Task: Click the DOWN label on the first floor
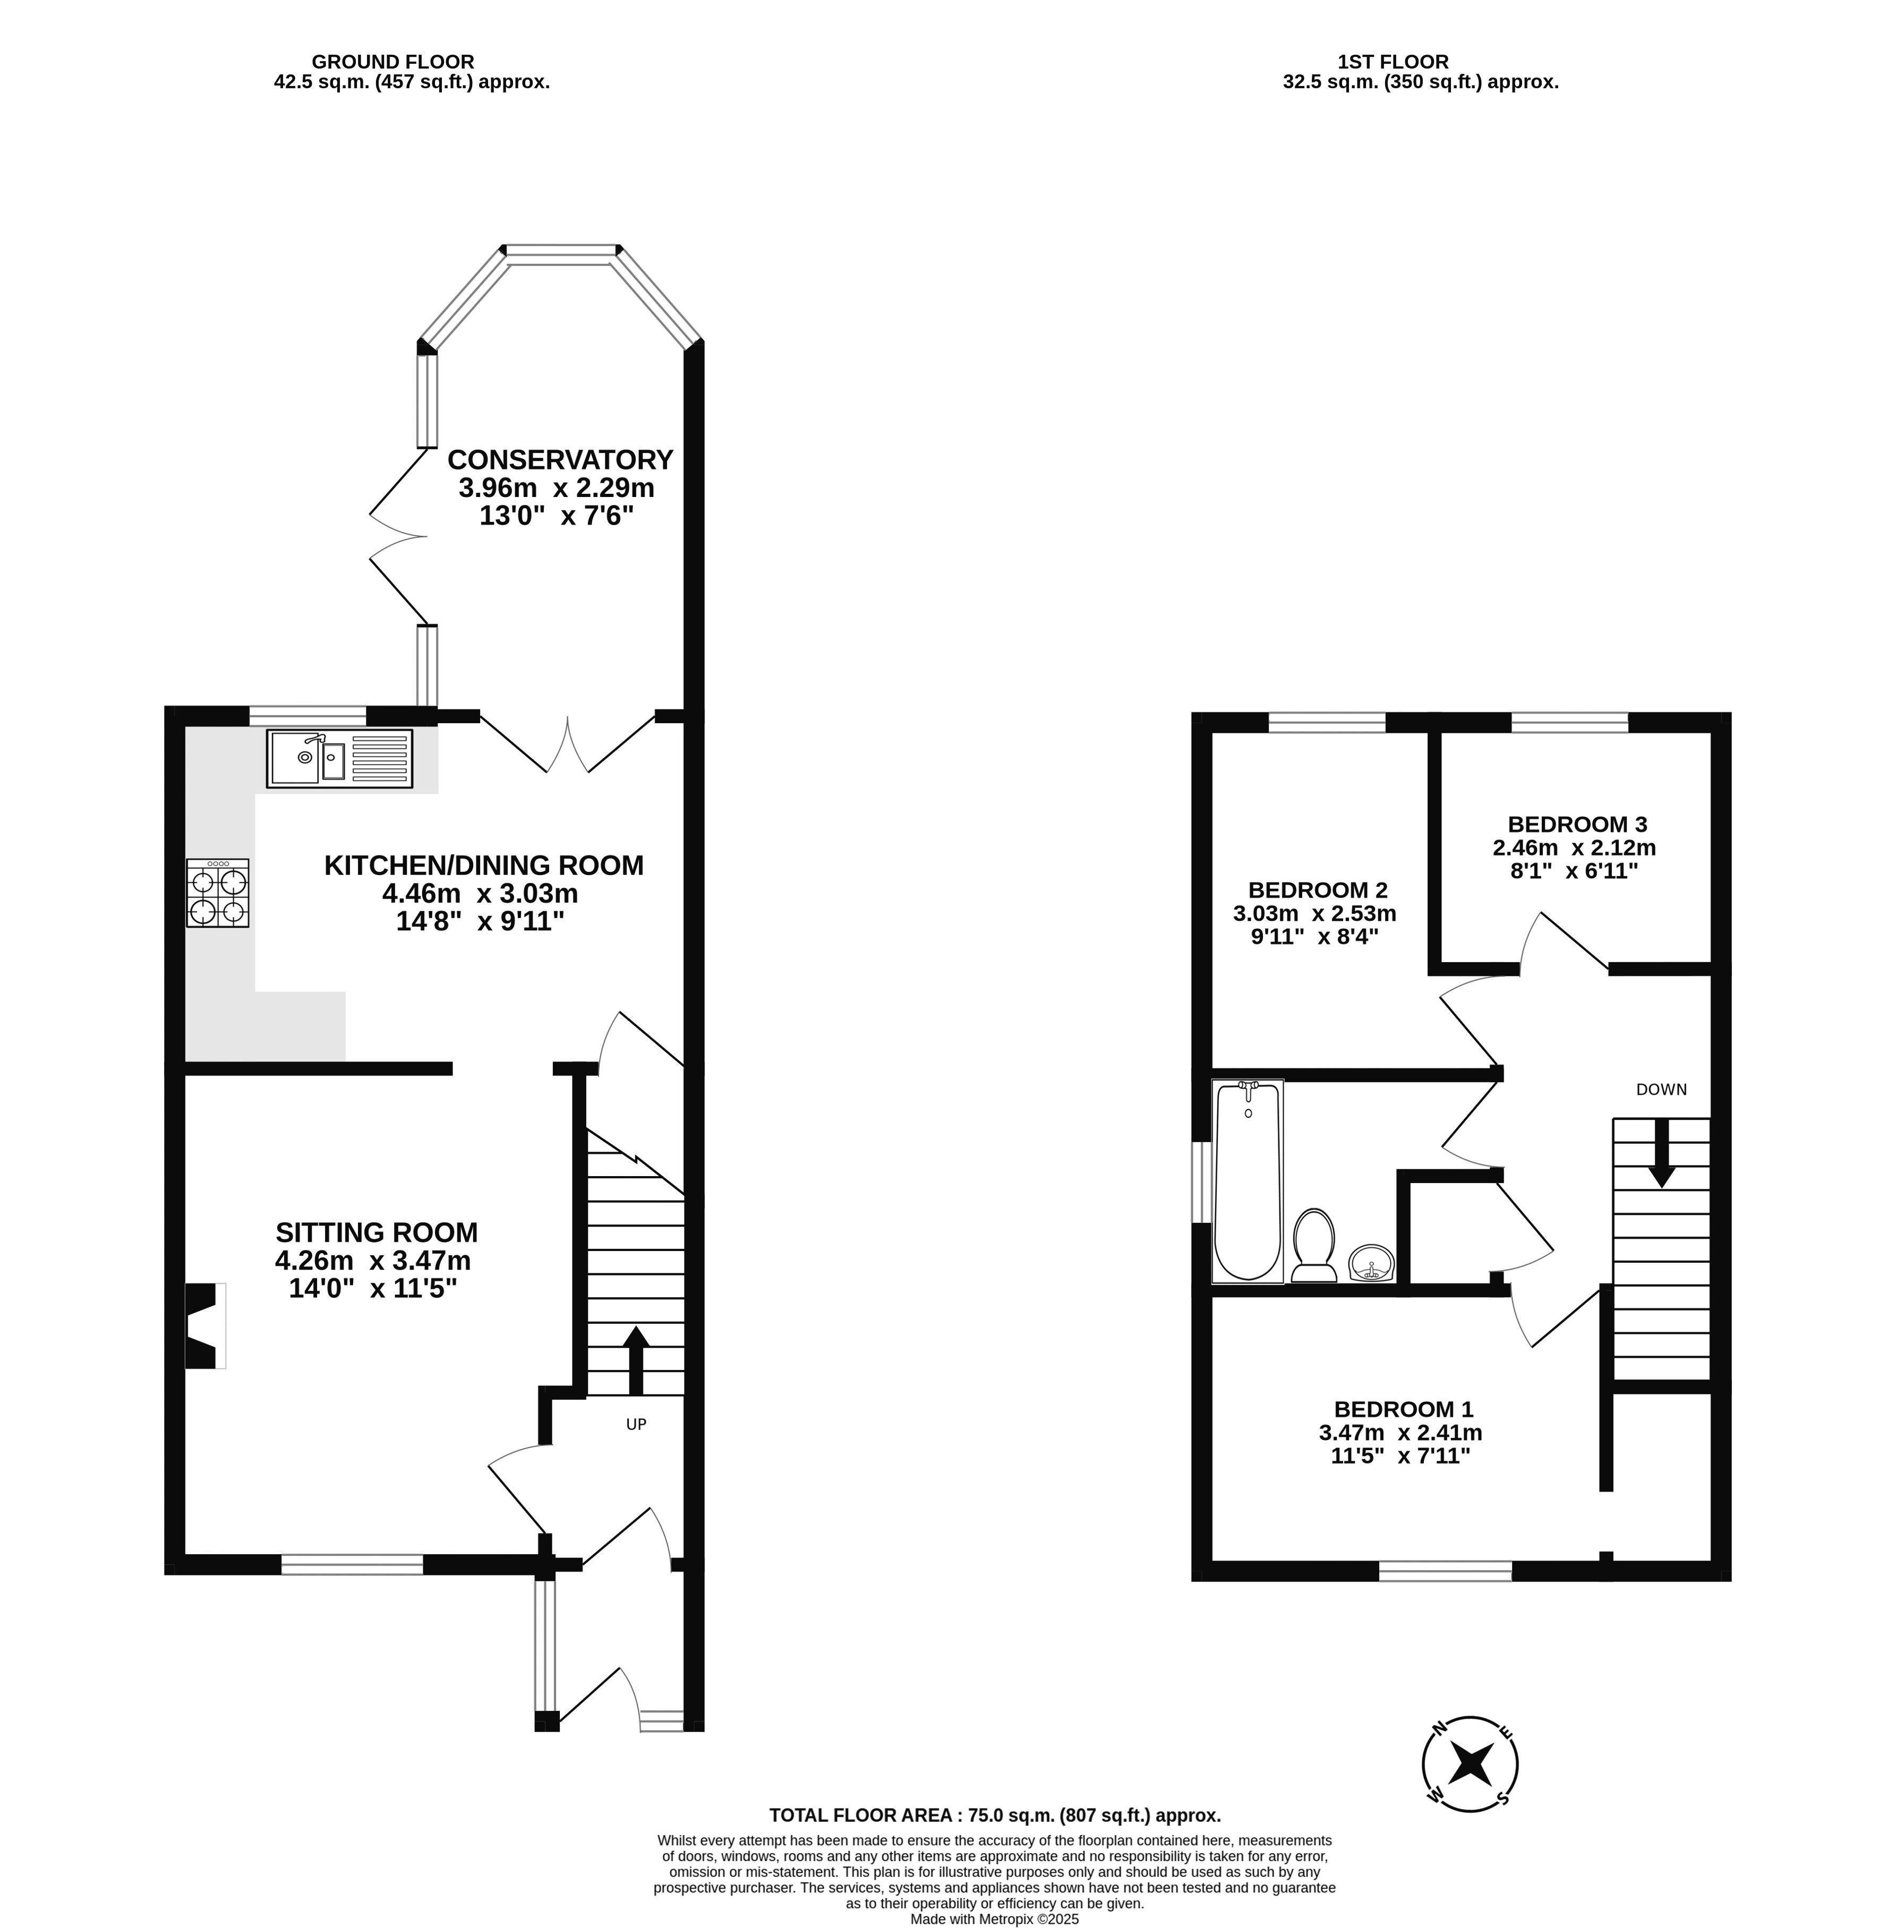(1662, 1089)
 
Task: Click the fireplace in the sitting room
(204, 1326)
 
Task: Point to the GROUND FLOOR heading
(394, 62)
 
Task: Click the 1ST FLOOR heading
(1393, 62)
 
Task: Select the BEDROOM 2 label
(1318, 890)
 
